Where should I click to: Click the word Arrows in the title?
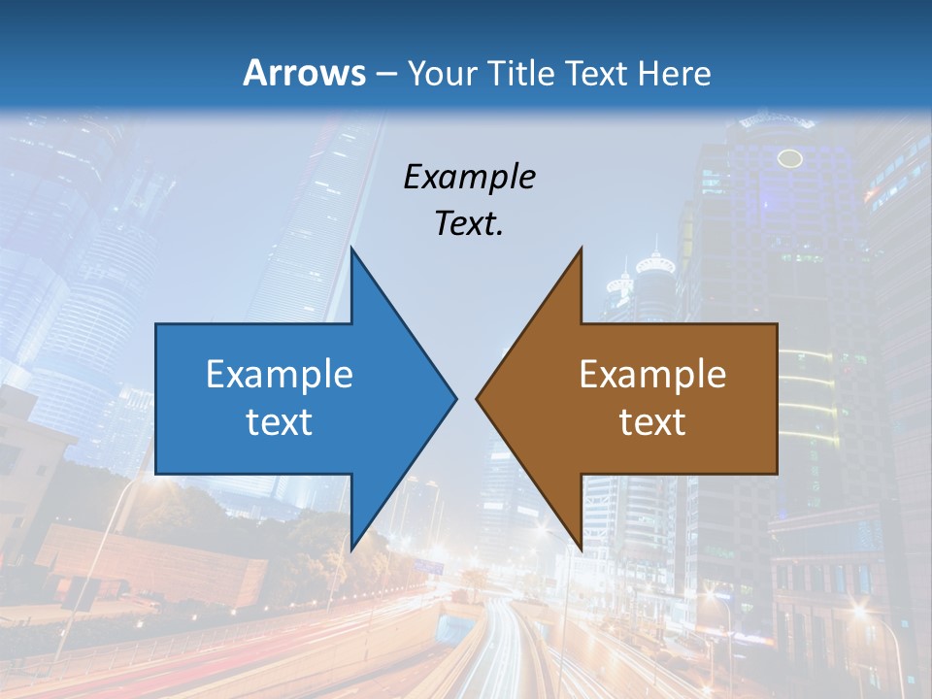coord(304,73)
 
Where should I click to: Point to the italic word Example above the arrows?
coord(469,177)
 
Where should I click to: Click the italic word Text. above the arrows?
coord(469,223)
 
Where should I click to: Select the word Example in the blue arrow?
coord(280,374)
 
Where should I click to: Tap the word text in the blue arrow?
coord(280,421)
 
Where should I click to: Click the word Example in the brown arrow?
coord(652,374)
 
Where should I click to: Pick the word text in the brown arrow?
coord(652,421)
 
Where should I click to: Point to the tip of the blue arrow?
coord(455,398)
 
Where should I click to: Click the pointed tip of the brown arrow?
coord(477,398)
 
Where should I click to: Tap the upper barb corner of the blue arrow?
coord(351,249)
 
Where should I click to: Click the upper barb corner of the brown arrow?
coord(581,249)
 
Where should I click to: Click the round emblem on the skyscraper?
coord(790,158)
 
